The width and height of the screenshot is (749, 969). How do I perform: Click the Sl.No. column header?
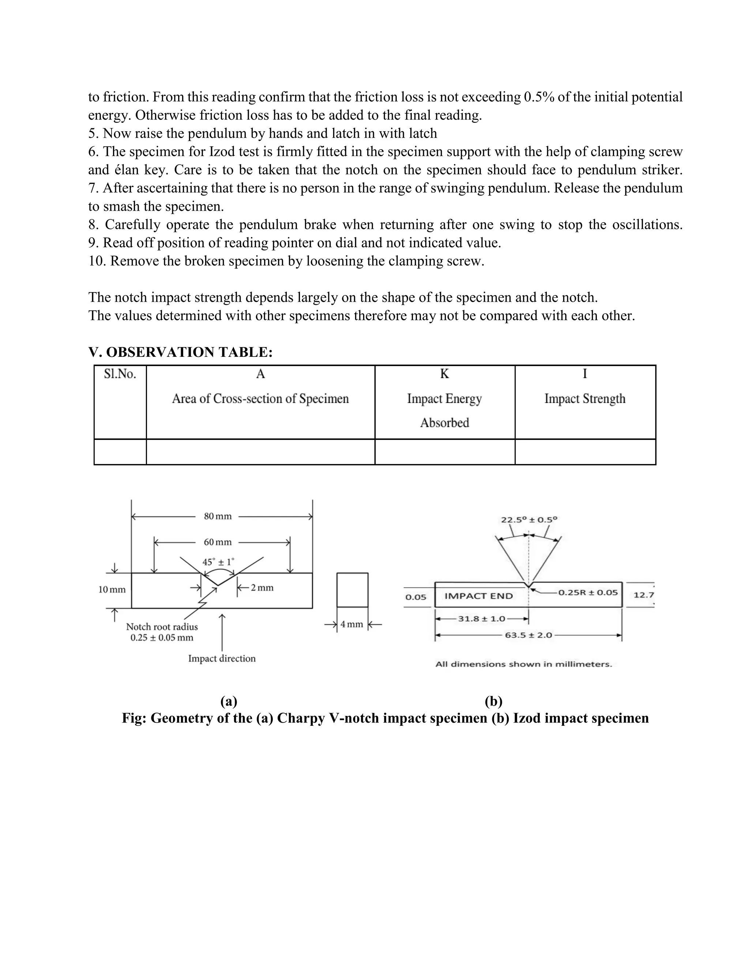[x=120, y=374]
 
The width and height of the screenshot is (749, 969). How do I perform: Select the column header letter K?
[x=444, y=374]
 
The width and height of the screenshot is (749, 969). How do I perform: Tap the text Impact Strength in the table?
[x=584, y=399]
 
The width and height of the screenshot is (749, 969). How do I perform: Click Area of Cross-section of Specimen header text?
[x=260, y=399]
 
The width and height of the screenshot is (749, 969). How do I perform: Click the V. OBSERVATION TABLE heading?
[x=180, y=352]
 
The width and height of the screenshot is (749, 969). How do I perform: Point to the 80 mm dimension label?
[x=218, y=516]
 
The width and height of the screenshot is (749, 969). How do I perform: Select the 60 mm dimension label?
[x=218, y=542]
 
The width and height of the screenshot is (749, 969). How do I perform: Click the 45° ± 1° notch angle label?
[x=218, y=562]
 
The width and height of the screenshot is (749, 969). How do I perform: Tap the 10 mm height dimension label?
[x=112, y=590]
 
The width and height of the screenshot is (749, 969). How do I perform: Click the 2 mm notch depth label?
[x=262, y=588]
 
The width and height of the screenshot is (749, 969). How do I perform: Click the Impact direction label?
[x=222, y=659]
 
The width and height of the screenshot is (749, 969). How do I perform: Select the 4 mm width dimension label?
[x=351, y=624]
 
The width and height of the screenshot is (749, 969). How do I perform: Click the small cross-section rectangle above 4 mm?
[x=352, y=590]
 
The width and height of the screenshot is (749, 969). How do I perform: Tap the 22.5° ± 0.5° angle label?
[x=529, y=520]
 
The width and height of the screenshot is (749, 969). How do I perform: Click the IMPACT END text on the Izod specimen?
[x=478, y=596]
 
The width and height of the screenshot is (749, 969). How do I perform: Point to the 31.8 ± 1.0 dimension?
[x=481, y=618]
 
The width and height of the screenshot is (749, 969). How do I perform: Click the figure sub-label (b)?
[x=493, y=701]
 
